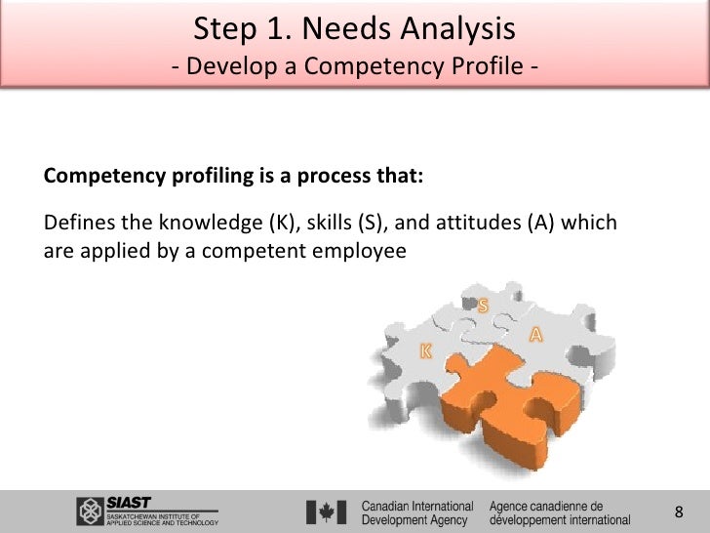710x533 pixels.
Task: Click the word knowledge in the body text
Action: coord(208,224)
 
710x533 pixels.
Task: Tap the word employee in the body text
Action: coord(358,251)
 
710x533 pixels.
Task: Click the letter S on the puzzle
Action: coord(482,307)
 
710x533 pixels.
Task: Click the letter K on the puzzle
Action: coord(426,349)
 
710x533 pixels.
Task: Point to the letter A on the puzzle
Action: coord(535,335)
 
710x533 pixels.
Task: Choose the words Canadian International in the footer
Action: coord(417,506)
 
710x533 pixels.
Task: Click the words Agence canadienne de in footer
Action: coord(545,506)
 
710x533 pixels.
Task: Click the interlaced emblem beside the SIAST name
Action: coord(91,512)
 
